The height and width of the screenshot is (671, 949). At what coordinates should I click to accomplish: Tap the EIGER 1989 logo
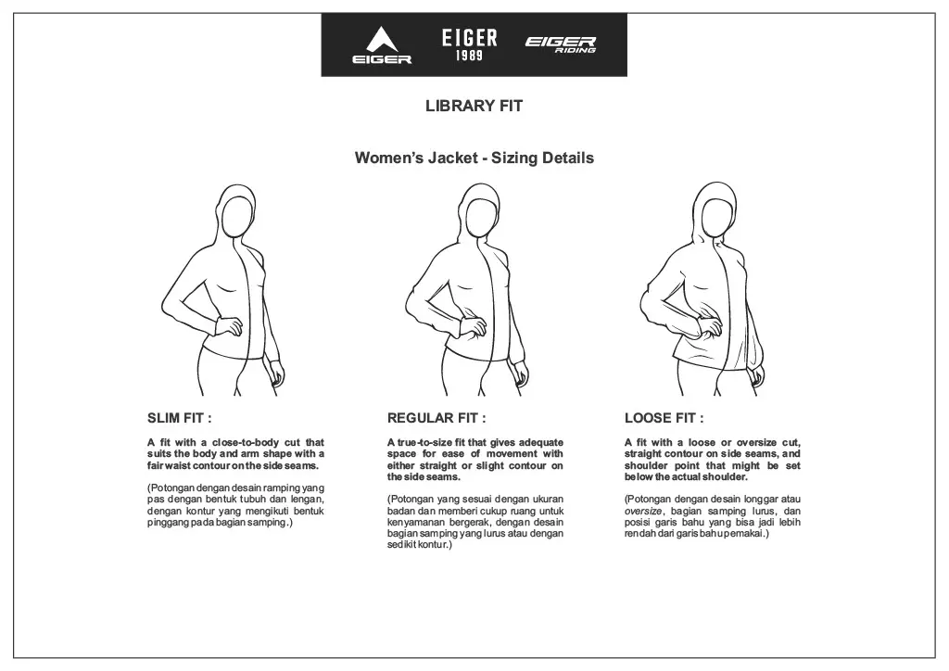pos(469,44)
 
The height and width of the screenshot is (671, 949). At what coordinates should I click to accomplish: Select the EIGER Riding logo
pos(561,44)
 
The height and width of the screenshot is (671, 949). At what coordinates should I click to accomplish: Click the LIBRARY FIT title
pos(474,106)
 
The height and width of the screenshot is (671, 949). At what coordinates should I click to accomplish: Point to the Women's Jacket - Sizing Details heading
pos(474,158)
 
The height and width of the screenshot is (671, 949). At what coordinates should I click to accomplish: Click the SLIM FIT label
pos(179,418)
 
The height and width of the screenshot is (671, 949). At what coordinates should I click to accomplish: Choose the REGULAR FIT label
pos(436,418)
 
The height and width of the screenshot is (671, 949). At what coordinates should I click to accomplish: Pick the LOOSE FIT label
pos(664,418)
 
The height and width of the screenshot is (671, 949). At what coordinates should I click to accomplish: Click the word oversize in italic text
pos(643,512)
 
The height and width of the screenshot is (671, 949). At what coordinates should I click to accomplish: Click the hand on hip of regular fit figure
pos(471,325)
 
